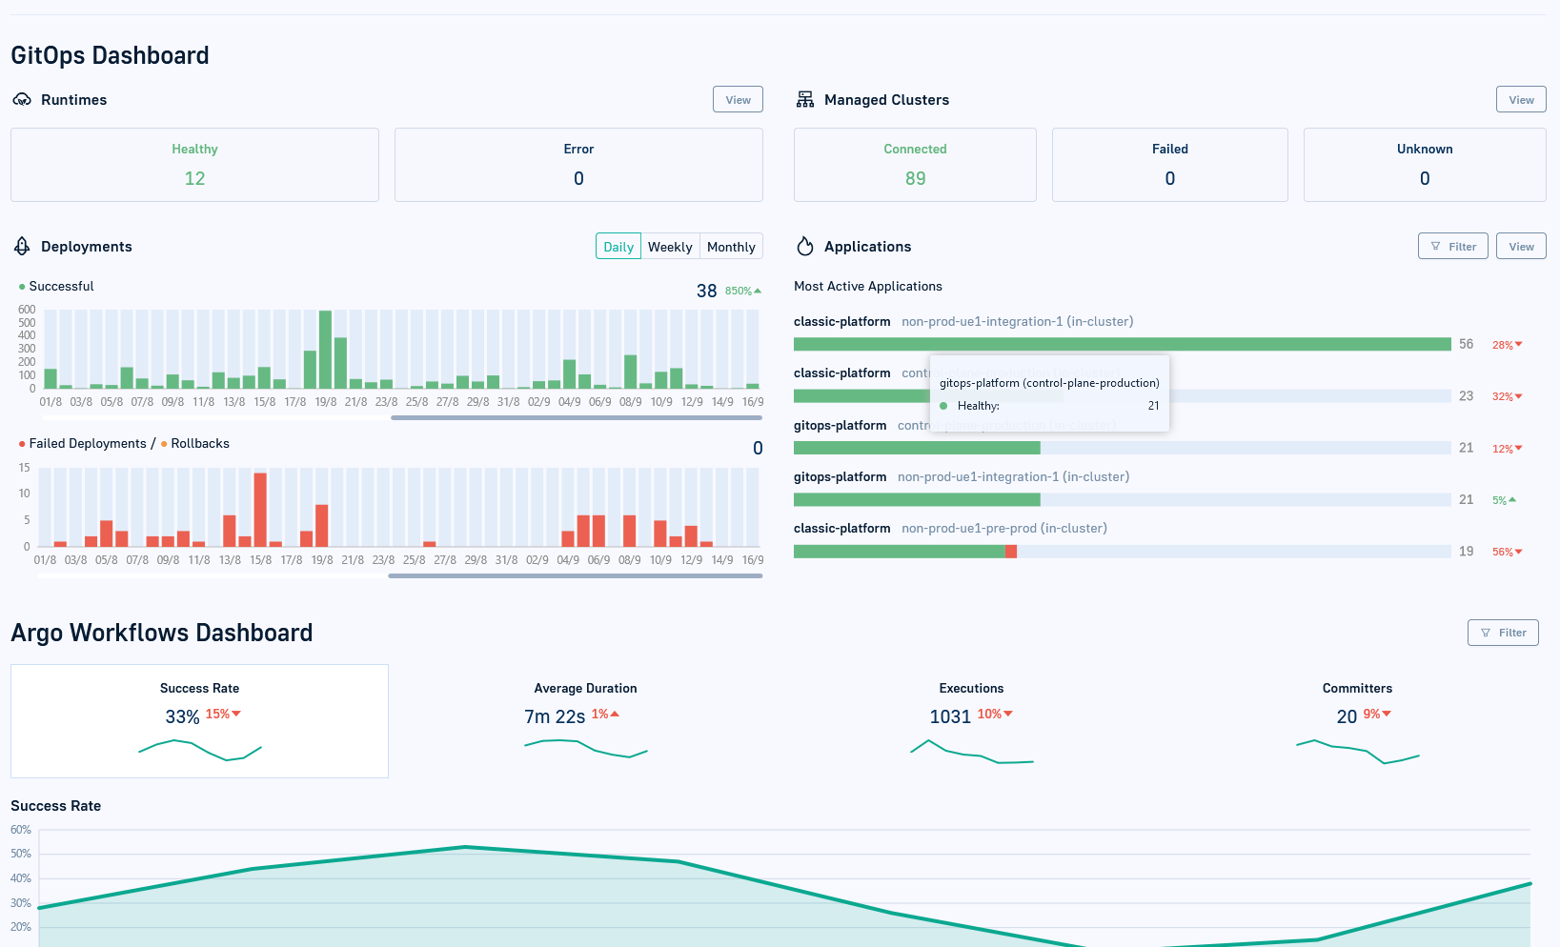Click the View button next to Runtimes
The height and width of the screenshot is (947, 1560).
click(738, 100)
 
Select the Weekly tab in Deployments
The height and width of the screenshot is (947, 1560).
click(670, 247)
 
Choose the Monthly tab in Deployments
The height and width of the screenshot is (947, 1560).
click(731, 247)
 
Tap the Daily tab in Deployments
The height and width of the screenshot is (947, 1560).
click(618, 247)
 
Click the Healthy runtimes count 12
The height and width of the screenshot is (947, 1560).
click(194, 178)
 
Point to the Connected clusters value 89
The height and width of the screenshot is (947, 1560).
click(915, 178)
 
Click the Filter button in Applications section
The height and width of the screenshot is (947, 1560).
click(1452, 247)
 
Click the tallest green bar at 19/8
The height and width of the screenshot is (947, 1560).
click(325, 349)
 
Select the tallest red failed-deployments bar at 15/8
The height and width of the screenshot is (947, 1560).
click(260, 509)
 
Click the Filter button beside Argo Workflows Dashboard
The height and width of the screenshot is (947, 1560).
click(1503, 633)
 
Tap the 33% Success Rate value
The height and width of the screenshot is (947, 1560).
click(182, 716)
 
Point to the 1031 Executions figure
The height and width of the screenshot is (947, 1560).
click(950, 716)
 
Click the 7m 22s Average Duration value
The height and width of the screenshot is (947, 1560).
click(555, 716)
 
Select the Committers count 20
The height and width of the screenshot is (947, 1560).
click(1347, 716)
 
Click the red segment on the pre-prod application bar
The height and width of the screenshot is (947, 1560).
click(1011, 552)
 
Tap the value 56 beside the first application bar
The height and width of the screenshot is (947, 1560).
click(1466, 344)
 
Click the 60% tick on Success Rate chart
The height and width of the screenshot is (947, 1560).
click(21, 830)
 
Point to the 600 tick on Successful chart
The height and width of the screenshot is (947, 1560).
click(27, 310)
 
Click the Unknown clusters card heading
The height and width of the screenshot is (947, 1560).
click(1424, 150)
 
